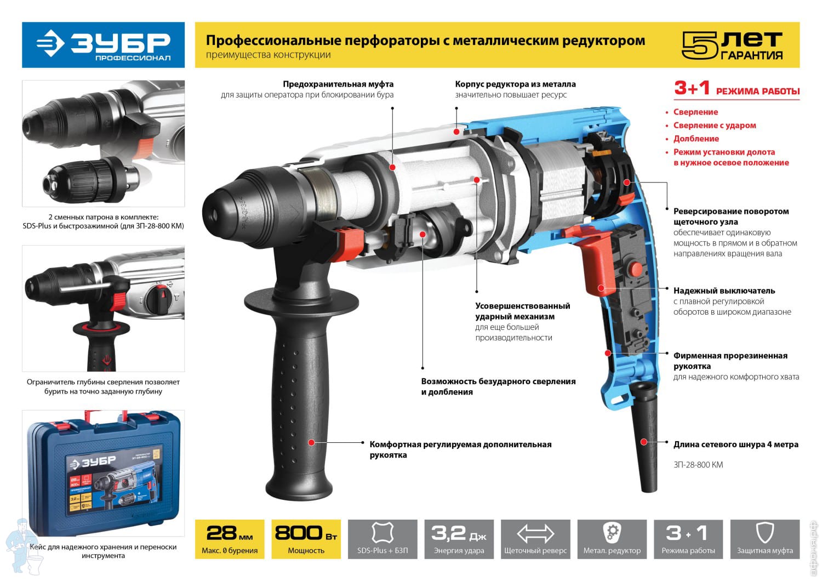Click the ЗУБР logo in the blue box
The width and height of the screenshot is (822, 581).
point(103,45)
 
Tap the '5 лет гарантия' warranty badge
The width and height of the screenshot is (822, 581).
point(733,45)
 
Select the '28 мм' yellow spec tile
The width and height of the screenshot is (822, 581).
point(230,539)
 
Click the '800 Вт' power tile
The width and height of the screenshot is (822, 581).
point(306,539)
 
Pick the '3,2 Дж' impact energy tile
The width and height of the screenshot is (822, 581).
point(459,539)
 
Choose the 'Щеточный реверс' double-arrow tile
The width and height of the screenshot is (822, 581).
point(535,539)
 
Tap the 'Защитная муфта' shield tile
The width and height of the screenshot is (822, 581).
point(765,539)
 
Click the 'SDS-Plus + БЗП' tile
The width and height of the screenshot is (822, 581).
point(383,539)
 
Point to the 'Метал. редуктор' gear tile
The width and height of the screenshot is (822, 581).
point(612,539)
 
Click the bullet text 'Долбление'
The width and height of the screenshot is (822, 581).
point(696,139)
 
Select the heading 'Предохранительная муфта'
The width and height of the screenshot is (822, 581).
point(338,84)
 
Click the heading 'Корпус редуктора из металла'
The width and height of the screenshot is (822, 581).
point(515,84)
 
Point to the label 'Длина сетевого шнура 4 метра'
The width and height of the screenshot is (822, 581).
point(736,445)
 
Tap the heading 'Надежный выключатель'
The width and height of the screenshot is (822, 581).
point(724,290)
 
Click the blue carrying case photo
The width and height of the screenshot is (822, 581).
point(104,473)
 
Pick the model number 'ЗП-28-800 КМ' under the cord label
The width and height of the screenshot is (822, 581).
point(698,465)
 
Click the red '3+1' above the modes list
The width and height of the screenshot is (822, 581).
point(692,88)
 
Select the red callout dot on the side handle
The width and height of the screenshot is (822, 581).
point(311,443)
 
